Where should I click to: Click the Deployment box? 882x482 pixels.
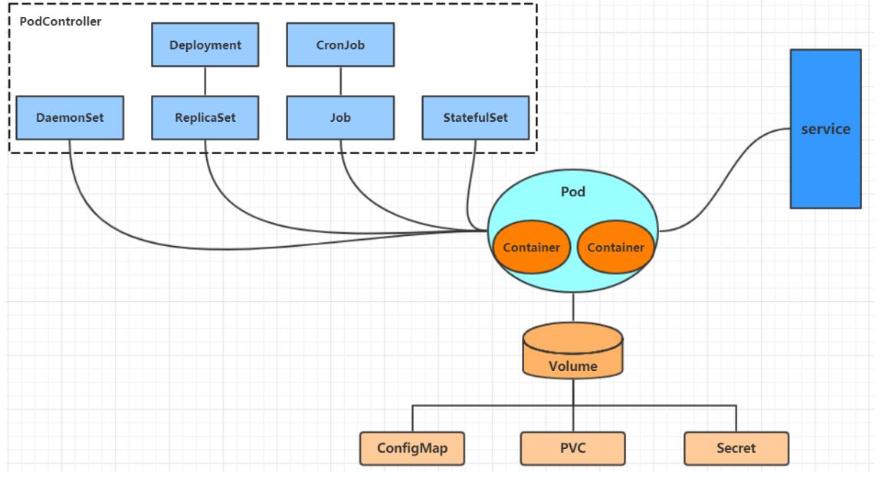coord(205,45)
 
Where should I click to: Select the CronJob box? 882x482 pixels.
coord(340,45)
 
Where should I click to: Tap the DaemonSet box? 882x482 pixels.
coord(70,117)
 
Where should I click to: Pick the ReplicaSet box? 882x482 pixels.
coord(205,117)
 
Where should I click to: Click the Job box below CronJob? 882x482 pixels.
coord(340,117)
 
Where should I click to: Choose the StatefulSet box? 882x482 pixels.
coord(476,117)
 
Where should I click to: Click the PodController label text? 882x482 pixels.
coord(61,21)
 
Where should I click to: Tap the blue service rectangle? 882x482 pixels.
coord(826,129)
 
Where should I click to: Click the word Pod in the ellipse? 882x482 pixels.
coord(572,192)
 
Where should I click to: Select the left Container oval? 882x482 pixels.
coord(532,247)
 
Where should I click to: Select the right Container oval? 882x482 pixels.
coord(616,247)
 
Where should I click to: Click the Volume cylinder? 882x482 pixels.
coord(572,351)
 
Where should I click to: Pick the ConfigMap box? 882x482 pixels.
coord(412,448)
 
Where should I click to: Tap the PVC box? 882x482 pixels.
coord(572,448)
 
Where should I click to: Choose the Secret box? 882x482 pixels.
coord(736,448)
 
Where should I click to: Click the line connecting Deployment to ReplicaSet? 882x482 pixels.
coord(205,81)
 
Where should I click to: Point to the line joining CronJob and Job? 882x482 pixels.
coord(340,81)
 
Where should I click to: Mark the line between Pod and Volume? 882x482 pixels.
coord(573,307)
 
